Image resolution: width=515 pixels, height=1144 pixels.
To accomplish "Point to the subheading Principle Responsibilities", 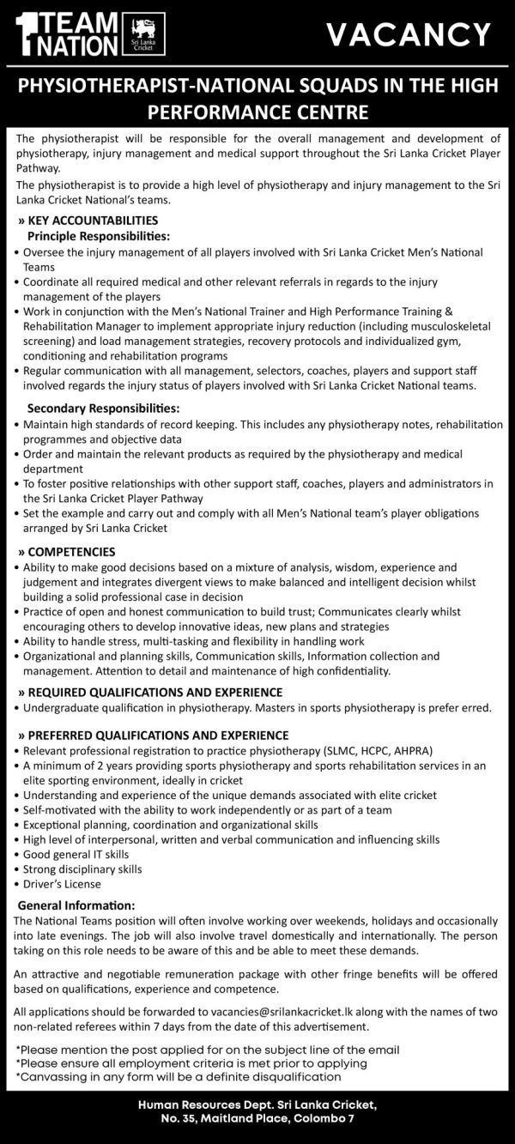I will pos(99,234).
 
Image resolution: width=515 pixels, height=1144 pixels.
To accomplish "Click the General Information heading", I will pos(76,905).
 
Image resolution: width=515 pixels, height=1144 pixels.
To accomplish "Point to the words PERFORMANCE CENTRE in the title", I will pos(257,112).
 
